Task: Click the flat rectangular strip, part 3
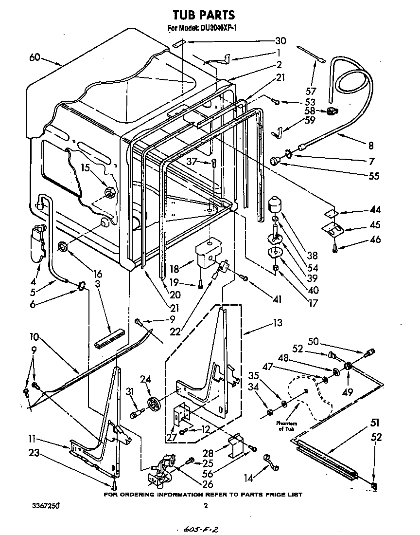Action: coord(110,340)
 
